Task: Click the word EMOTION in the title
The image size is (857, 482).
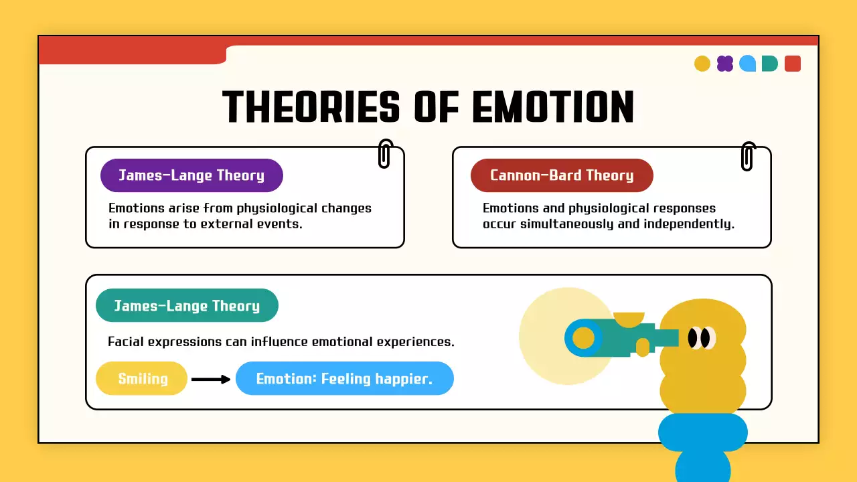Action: pos(553,107)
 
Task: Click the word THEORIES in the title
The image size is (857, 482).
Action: pos(311,107)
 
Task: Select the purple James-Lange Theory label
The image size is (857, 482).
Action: pos(191,175)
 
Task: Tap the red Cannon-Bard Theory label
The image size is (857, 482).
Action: pos(562,175)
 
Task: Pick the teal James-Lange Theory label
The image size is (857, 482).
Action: pos(187,306)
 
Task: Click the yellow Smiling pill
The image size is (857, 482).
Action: pos(143,379)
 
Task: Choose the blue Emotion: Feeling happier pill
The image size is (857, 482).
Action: pos(344,379)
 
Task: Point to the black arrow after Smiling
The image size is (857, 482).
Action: pos(211,380)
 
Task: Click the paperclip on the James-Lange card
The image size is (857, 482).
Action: pos(384,153)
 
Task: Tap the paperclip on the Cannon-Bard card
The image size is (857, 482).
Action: pos(748,156)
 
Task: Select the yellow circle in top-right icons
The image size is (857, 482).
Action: pos(702,64)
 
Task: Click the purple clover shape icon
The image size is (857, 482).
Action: pos(724,64)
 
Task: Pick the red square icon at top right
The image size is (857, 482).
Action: pos(792,64)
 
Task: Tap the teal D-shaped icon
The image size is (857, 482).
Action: pos(770,64)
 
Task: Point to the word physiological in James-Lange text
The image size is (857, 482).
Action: pos(268,208)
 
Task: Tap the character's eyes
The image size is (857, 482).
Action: pos(700,338)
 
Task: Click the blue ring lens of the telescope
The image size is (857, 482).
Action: pos(582,337)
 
